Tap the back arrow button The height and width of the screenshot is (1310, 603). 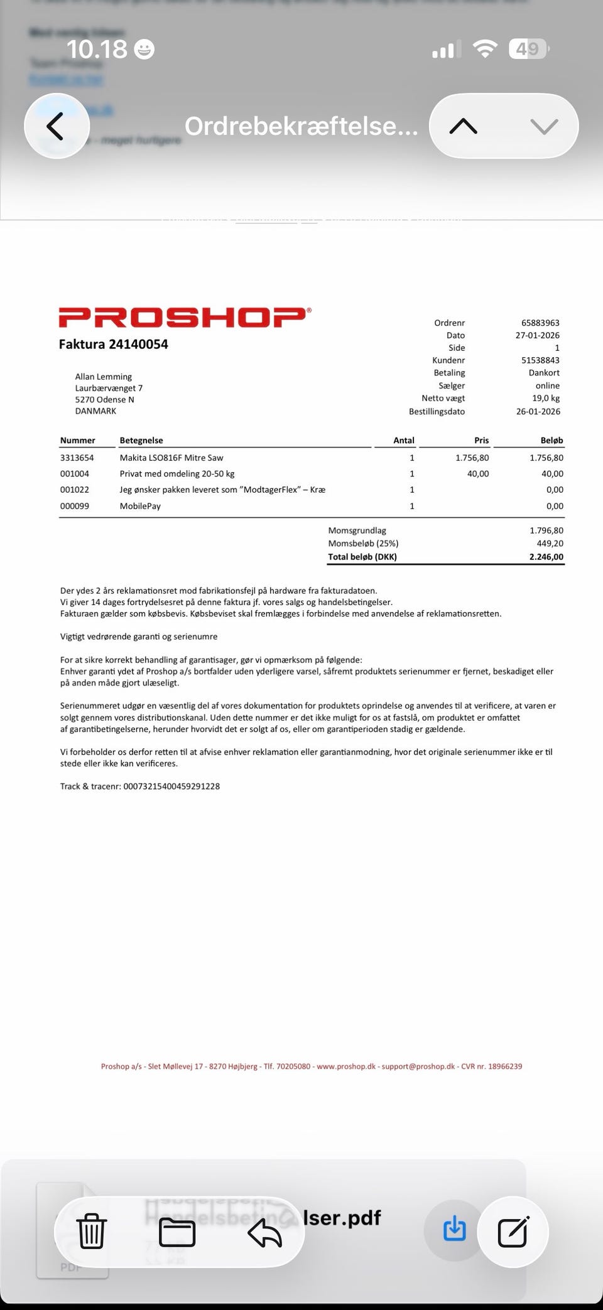pyautogui.click(x=56, y=126)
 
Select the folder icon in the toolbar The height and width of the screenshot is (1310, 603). pyautogui.click(x=177, y=1232)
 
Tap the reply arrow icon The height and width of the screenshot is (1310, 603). pyautogui.click(x=264, y=1232)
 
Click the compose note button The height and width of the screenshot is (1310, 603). pyautogui.click(x=513, y=1232)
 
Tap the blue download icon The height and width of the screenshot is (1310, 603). pyautogui.click(x=454, y=1229)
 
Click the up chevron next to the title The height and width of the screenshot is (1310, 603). pyautogui.click(x=464, y=127)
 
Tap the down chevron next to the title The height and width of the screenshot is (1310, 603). pyautogui.click(x=543, y=127)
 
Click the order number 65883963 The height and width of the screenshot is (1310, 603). pyautogui.click(x=540, y=323)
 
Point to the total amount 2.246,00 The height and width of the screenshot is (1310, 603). pyautogui.click(x=546, y=557)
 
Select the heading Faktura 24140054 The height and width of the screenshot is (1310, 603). pyautogui.click(x=113, y=344)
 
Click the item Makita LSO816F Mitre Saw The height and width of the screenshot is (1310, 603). pyautogui.click(x=171, y=458)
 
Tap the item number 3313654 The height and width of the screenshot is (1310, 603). pyautogui.click(x=77, y=458)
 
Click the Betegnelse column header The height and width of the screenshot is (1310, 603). pyautogui.click(x=141, y=441)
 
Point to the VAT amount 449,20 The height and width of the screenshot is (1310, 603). pyautogui.click(x=550, y=544)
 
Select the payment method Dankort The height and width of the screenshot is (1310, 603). pyautogui.click(x=544, y=373)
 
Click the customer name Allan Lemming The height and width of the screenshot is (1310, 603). pyautogui.click(x=104, y=377)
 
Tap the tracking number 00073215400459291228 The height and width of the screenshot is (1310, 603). pyautogui.click(x=171, y=787)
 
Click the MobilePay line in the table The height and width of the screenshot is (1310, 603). pyautogui.click(x=140, y=506)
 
